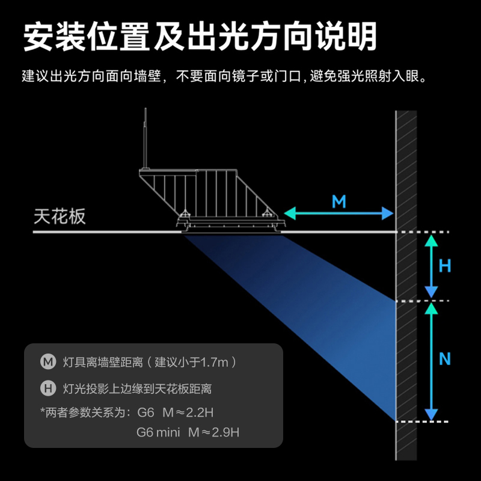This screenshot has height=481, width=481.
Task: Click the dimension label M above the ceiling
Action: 339,201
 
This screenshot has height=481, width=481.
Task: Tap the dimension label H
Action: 445,266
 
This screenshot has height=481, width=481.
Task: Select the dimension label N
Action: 445,360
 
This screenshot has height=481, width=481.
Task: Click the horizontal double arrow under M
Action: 339,213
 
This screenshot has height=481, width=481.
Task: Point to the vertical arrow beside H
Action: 430,266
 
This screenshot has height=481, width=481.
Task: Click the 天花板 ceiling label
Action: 60,217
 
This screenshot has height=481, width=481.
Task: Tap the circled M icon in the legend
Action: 48,362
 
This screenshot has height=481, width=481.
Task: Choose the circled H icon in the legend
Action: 48,388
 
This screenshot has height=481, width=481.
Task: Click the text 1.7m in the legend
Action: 215,363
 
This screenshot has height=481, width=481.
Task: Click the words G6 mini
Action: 158,432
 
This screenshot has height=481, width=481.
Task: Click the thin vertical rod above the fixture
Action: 145,138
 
